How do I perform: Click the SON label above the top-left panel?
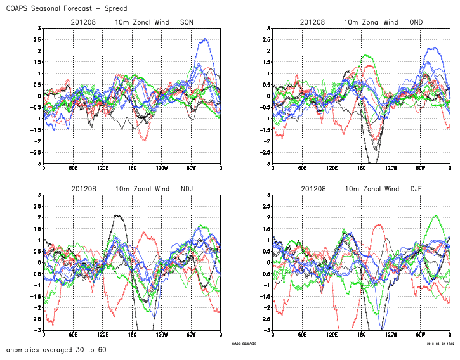click(187, 22)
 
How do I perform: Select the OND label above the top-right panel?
click(415, 22)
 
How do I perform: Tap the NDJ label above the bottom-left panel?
click(187, 189)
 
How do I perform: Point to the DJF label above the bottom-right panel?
click(415, 189)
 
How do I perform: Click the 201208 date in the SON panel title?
click(83, 22)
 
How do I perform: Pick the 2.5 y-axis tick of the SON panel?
click(38, 40)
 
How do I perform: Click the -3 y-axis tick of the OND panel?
click(268, 164)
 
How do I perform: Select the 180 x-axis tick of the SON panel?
click(132, 169)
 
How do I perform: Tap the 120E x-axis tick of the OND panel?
click(332, 169)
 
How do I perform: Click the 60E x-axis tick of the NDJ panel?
click(73, 335)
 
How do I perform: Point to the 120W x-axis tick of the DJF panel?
click(391, 335)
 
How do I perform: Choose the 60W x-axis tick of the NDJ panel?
click(192, 335)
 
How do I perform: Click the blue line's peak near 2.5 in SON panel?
click(204, 39)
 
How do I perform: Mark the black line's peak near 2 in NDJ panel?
click(117, 215)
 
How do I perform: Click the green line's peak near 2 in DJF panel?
click(436, 216)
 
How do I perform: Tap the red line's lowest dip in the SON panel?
click(145, 140)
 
